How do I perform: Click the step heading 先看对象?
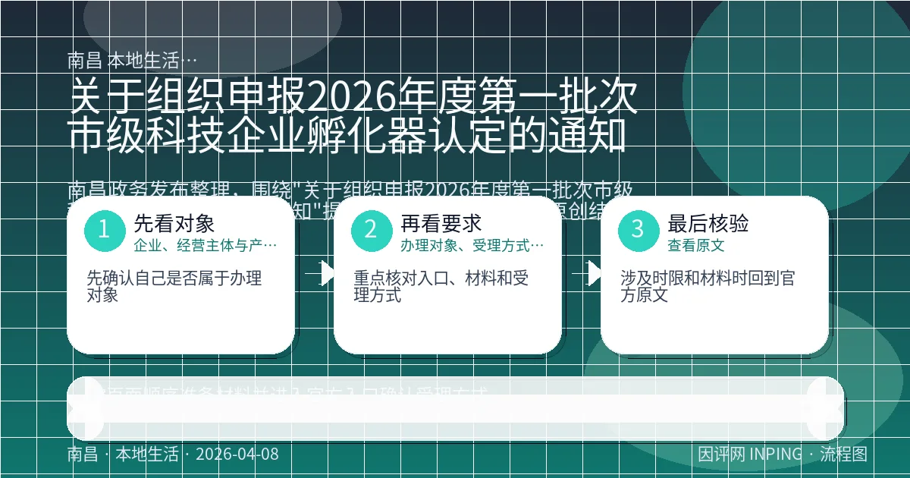pyautogui.click(x=174, y=223)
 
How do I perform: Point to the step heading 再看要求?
pyautogui.click(x=441, y=223)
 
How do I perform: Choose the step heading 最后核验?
pyautogui.click(x=708, y=223)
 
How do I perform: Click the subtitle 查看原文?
pyautogui.click(x=695, y=246)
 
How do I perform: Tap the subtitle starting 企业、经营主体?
pyautogui.click(x=205, y=246)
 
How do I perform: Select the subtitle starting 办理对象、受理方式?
pyautogui.click(x=472, y=246)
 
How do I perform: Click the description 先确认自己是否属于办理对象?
pyautogui.click(x=174, y=286)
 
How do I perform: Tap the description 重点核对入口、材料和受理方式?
pyautogui.click(x=441, y=286)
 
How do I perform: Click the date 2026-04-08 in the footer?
pyautogui.click(x=237, y=454)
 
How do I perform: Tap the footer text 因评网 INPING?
pyautogui.click(x=749, y=454)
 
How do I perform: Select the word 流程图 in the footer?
pyautogui.click(x=843, y=454)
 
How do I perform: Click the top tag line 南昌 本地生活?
pyautogui.click(x=132, y=60)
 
